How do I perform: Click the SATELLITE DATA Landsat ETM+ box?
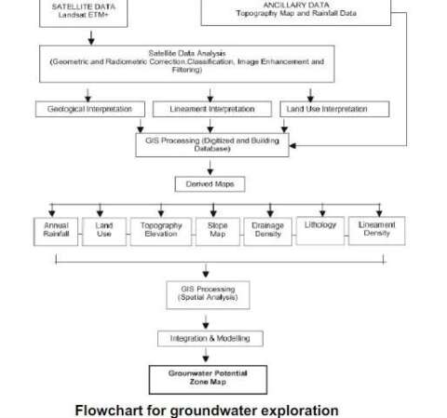89,11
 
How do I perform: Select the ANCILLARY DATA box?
295,11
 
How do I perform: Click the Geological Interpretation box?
89,109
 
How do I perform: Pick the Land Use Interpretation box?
323,109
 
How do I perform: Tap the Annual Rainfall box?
56,230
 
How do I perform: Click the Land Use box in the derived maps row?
103,230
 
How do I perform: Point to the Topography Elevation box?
160,230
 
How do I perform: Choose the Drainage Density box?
268,230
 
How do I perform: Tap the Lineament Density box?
376,230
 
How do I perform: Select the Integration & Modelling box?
210,338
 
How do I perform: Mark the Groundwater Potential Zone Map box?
209,378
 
